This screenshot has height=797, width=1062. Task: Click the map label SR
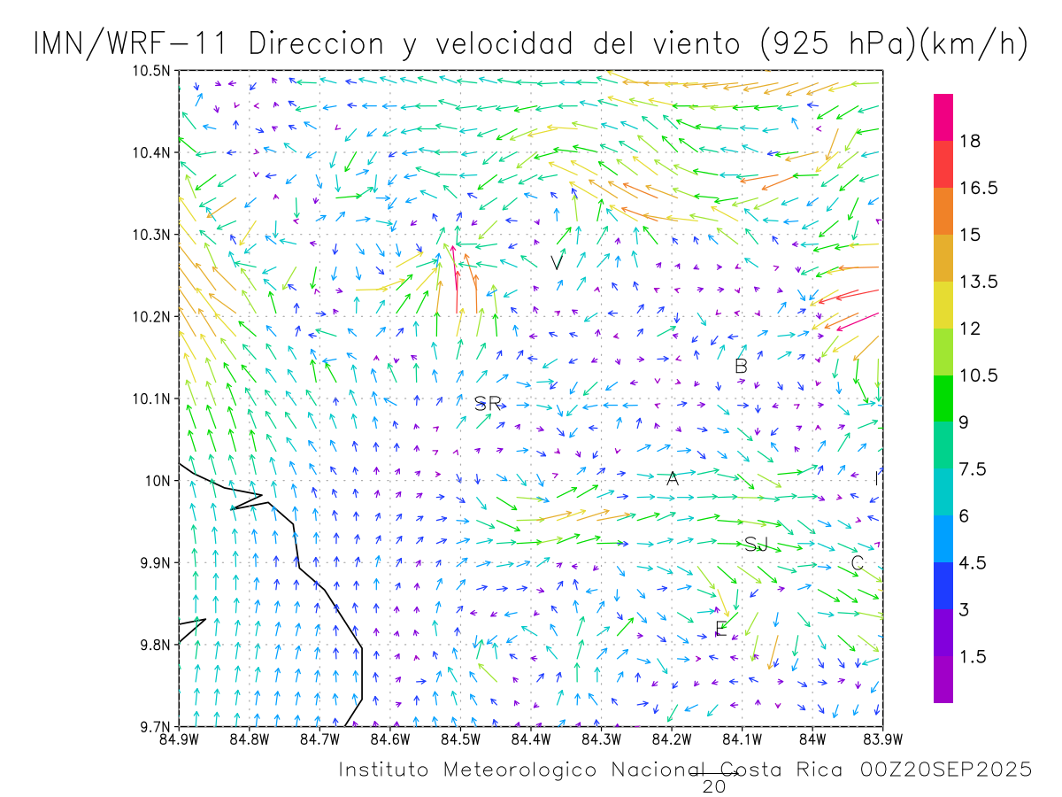(488, 404)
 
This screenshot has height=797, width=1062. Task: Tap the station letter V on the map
(556, 263)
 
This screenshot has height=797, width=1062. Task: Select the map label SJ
(756, 545)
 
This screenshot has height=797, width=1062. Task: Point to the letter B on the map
(742, 366)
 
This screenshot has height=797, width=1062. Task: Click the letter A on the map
(673, 479)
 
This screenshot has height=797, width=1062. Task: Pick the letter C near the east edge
(857, 563)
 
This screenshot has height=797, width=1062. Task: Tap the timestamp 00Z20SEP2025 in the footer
(945, 770)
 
